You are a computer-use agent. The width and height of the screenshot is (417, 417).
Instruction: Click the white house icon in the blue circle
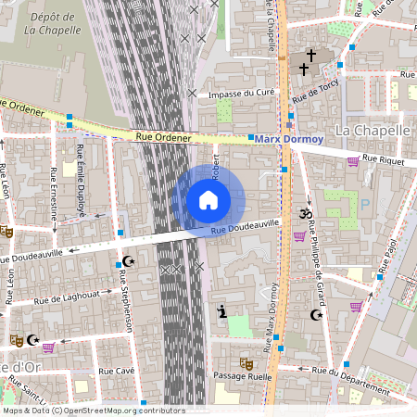[x=208, y=200]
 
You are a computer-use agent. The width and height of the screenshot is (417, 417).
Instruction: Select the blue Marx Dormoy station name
[x=290, y=139]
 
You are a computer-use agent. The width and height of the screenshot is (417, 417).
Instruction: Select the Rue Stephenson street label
[x=126, y=307]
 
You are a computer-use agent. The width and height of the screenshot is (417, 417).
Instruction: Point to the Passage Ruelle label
[x=243, y=376]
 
